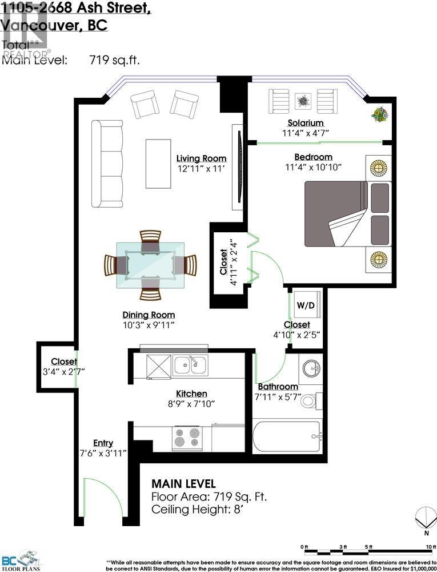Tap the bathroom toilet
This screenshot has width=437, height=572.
point(309,400)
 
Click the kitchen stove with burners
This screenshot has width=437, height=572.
point(187,438)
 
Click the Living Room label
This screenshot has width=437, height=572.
point(201,158)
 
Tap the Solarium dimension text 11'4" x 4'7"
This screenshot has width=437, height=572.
point(306,133)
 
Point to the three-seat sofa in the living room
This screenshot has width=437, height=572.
point(107,164)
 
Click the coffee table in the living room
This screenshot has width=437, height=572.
point(158,163)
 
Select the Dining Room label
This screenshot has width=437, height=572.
point(149,315)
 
